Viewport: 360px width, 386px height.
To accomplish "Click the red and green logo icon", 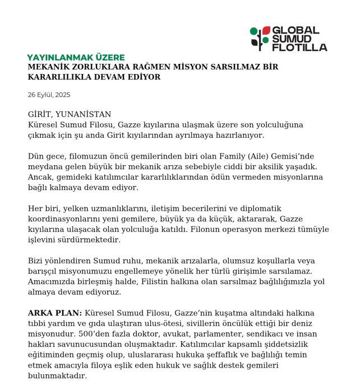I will (x=260, y=38).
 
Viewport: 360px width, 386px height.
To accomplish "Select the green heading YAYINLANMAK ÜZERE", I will (x=76, y=57).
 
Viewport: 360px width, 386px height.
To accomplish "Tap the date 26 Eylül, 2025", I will (x=49, y=95).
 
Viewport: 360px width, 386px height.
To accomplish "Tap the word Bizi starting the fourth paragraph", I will (x=37, y=261).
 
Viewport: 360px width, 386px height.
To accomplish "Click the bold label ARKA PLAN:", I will (x=55, y=312).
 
